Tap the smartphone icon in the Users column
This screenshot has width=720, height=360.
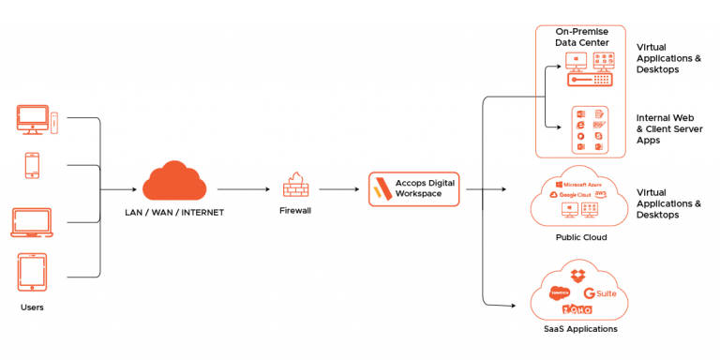(x=32, y=166)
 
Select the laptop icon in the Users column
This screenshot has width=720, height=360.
(x=32, y=222)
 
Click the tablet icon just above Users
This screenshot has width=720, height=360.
(x=32, y=273)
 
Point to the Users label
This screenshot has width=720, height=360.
(x=32, y=307)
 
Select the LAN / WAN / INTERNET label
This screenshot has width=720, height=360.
(x=174, y=212)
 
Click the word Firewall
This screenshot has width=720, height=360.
(x=295, y=211)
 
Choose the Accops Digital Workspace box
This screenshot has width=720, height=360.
(x=413, y=188)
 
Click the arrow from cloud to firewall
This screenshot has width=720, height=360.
(x=246, y=189)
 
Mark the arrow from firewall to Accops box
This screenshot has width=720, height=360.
(x=338, y=189)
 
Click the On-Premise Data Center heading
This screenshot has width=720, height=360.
(x=581, y=37)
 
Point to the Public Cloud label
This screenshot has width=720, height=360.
(x=581, y=237)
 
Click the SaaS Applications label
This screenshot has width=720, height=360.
(x=581, y=328)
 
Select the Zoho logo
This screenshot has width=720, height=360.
(x=577, y=309)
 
